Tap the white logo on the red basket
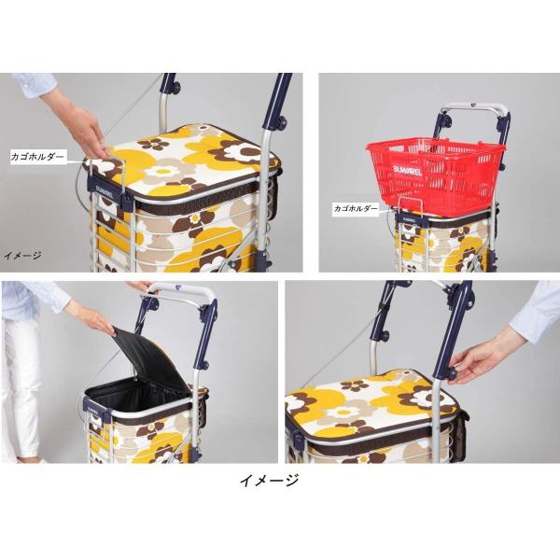pos(408,171)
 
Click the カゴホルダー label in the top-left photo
pos(37,157)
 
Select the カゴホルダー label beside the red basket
pos(356,208)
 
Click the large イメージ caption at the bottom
pos(269,481)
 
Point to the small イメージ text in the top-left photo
pos(22,256)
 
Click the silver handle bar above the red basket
pos(473,107)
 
